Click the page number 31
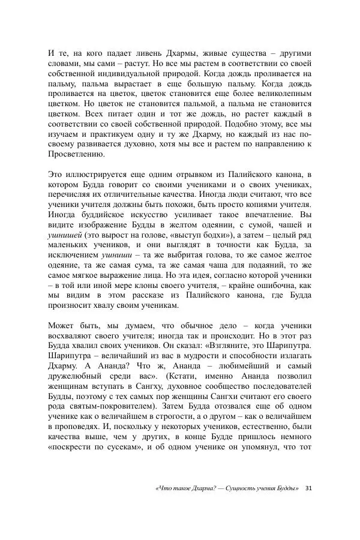point(308,504)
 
